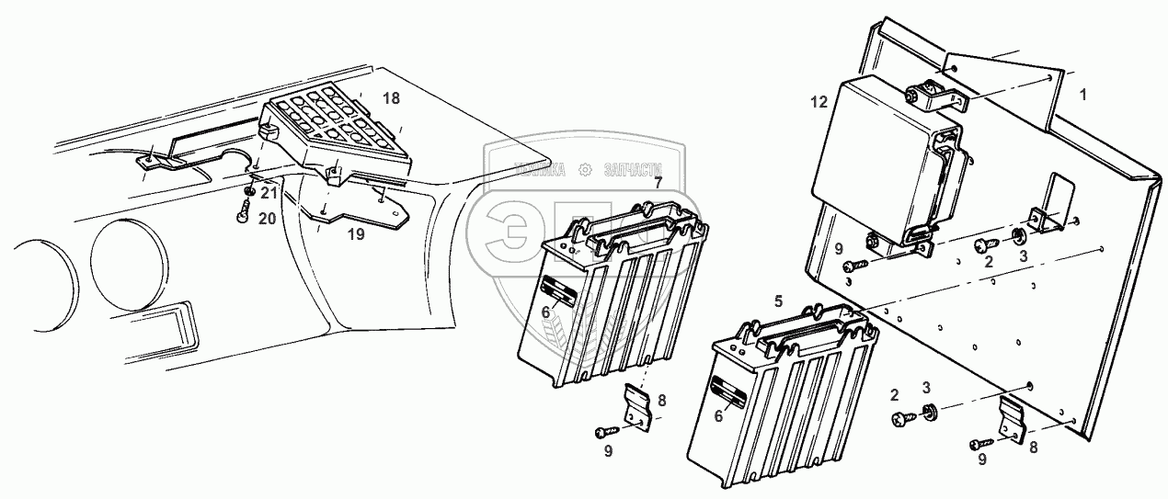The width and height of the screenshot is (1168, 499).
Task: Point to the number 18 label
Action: [x=392, y=98]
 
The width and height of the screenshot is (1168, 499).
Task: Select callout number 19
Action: [x=355, y=234]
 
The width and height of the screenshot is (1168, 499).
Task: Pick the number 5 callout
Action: [x=778, y=301]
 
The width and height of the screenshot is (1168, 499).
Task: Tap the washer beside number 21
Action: [x=248, y=191]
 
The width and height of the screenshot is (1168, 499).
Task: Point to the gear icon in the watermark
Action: [x=583, y=169]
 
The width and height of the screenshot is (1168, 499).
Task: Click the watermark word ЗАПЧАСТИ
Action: [x=633, y=169]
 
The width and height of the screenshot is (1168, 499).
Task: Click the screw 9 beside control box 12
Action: [x=853, y=266]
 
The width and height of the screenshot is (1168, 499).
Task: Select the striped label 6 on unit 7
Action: [x=558, y=294]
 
